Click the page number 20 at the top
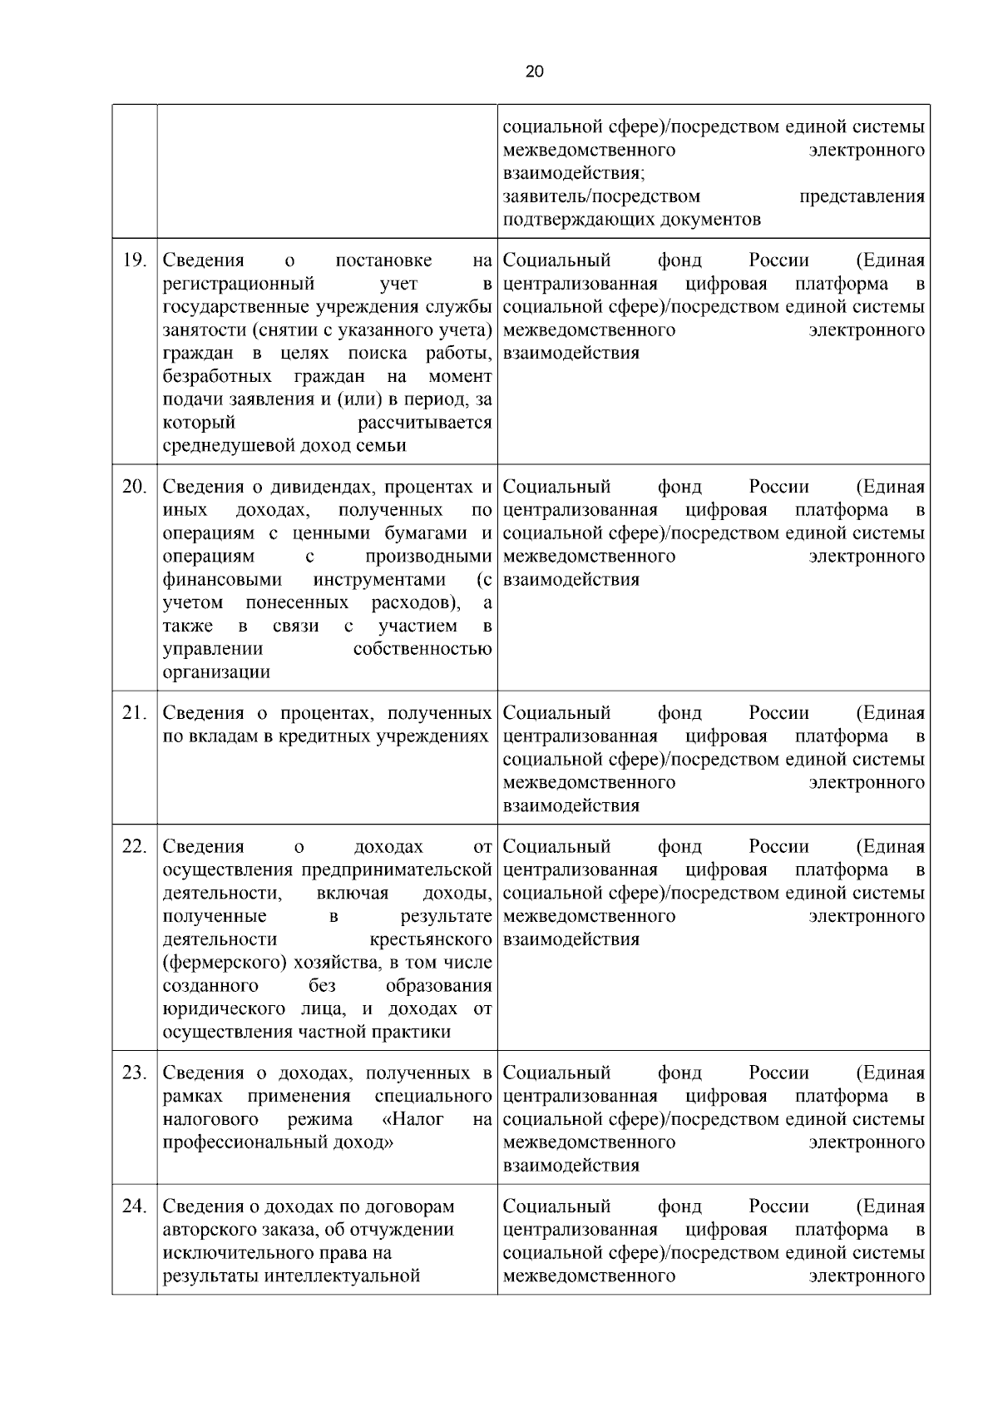pyautogui.click(x=535, y=72)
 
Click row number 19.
pyautogui.click(x=135, y=260)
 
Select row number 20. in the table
pyautogui.click(x=135, y=487)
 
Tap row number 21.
pyautogui.click(x=135, y=713)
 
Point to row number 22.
pyautogui.click(x=135, y=847)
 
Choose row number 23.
pyautogui.click(x=135, y=1073)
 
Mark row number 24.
pyautogui.click(x=135, y=1206)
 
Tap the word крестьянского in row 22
pyautogui.click(x=430, y=940)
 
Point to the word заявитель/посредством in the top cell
pyautogui.click(x=601, y=197)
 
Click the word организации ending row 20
pyautogui.click(x=216, y=672)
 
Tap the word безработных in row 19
pyautogui.click(x=217, y=376)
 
